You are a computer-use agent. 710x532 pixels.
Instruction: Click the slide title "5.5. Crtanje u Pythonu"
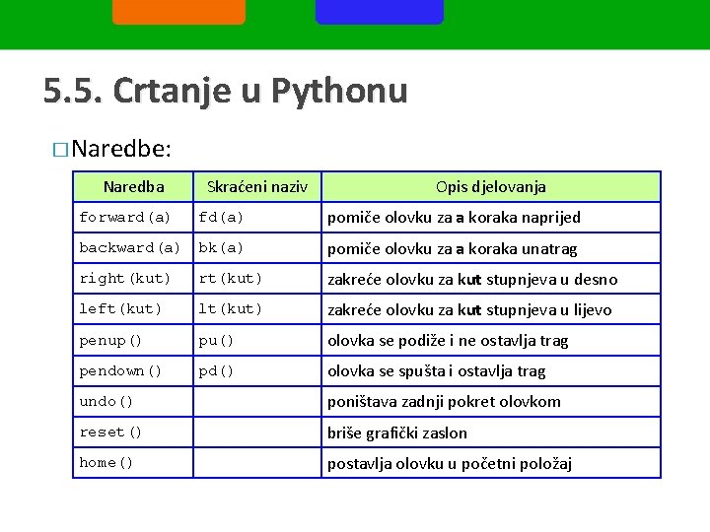[x=225, y=92]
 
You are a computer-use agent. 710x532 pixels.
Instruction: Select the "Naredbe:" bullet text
[x=121, y=149]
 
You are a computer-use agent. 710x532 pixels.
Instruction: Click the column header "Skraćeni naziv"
[x=257, y=186]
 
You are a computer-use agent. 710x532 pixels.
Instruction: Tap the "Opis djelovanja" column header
[x=491, y=186]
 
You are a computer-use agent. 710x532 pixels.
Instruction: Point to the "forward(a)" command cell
[x=125, y=217]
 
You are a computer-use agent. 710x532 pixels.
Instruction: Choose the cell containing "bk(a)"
[x=221, y=248]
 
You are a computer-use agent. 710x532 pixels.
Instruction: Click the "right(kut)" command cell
[x=125, y=279]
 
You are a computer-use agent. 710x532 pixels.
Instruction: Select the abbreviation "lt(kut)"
[x=231, y=309]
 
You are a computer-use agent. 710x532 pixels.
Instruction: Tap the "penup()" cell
[x=110, y=340]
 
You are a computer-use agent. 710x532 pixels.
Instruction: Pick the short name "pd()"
[x=216, y=370]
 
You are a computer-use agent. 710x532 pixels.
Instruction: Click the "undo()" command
[x=106, y=401]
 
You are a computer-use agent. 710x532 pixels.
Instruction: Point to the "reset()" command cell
[x=110, y=432]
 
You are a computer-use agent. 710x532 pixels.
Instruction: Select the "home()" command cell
[x=106, y=462]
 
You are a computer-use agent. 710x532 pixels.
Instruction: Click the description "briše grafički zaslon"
[x=397, y=432]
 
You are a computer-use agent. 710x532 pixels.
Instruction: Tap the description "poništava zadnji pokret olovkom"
[x=444, y=401]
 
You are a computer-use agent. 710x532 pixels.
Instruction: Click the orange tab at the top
[x=178, y=11]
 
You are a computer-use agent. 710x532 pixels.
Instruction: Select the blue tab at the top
[x=380, y=11]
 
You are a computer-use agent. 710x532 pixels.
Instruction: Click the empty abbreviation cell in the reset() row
[x=257, y=432]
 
